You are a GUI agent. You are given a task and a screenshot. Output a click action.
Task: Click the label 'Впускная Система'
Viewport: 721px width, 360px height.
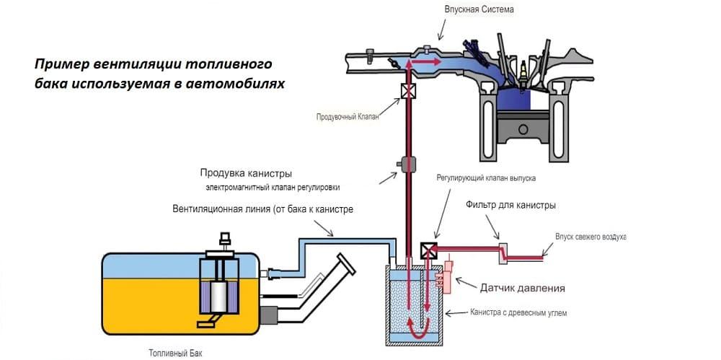pyautogui.click(x=479, y=9)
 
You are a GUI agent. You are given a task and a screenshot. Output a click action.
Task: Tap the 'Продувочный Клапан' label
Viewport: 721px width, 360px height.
pyautogui.click(x=348, y=116)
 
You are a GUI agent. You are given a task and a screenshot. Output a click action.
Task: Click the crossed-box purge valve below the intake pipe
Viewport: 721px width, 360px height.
pyautogui.click(x=407, y=92)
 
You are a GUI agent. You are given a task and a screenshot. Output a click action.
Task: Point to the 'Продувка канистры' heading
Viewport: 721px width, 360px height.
pyautogui.click(x=247, y=174)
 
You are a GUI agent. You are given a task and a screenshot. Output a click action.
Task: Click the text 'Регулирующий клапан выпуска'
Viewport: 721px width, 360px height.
pyautogui.click(x=486, y=177)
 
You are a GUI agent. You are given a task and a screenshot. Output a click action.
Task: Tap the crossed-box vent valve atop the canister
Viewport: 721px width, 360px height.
pyautogui.click(x=428, y=250)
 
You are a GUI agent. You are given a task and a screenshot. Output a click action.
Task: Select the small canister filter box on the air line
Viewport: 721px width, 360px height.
pyautogui.click(x=503, y=253)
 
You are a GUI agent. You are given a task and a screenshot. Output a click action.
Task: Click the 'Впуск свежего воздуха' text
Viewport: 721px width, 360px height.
pyautogui.click(x=590, y=237)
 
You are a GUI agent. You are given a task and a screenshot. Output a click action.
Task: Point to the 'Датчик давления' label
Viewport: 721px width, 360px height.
pyautogui.click(x=522, y=289)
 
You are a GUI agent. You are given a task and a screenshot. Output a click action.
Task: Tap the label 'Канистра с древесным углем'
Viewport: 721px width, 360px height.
pyautogui.click(x=518, y=313)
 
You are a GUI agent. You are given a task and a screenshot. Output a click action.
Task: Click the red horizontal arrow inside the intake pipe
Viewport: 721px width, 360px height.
pyautogui.click(x=425, y=62)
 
